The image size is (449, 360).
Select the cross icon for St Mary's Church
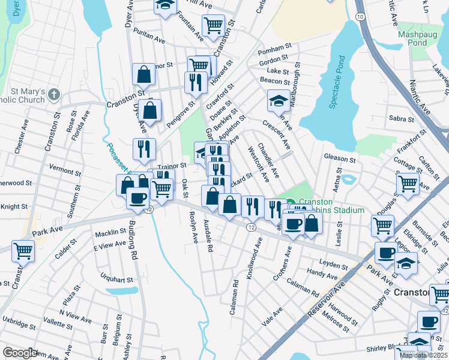tap(54, 94)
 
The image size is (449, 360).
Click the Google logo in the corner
tap(20, 353)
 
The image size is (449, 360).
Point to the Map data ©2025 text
tap(423, 355)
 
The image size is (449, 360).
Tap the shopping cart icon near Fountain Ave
tap(213, 25)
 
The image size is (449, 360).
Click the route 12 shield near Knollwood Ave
tap(250, 225)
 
